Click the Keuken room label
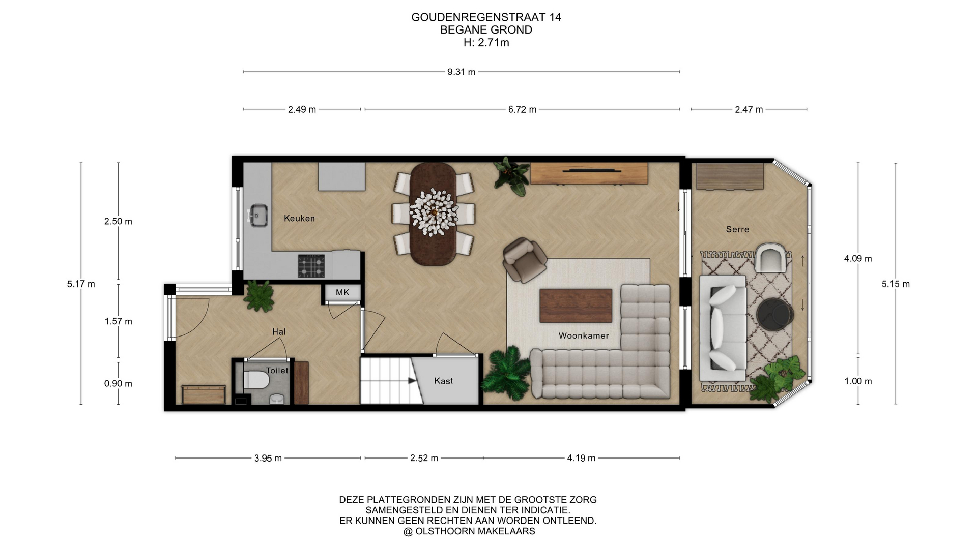299,218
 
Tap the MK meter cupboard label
342,292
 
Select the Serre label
737,229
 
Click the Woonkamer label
584,335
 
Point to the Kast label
443,381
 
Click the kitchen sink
258,216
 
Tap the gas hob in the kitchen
311,266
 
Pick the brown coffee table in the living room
576,306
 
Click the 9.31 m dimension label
462,72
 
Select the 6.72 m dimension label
522,109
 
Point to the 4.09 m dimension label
858,259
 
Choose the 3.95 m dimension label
268,459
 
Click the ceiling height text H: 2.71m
486,43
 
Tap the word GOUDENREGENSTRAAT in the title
479,17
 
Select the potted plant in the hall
261,296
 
